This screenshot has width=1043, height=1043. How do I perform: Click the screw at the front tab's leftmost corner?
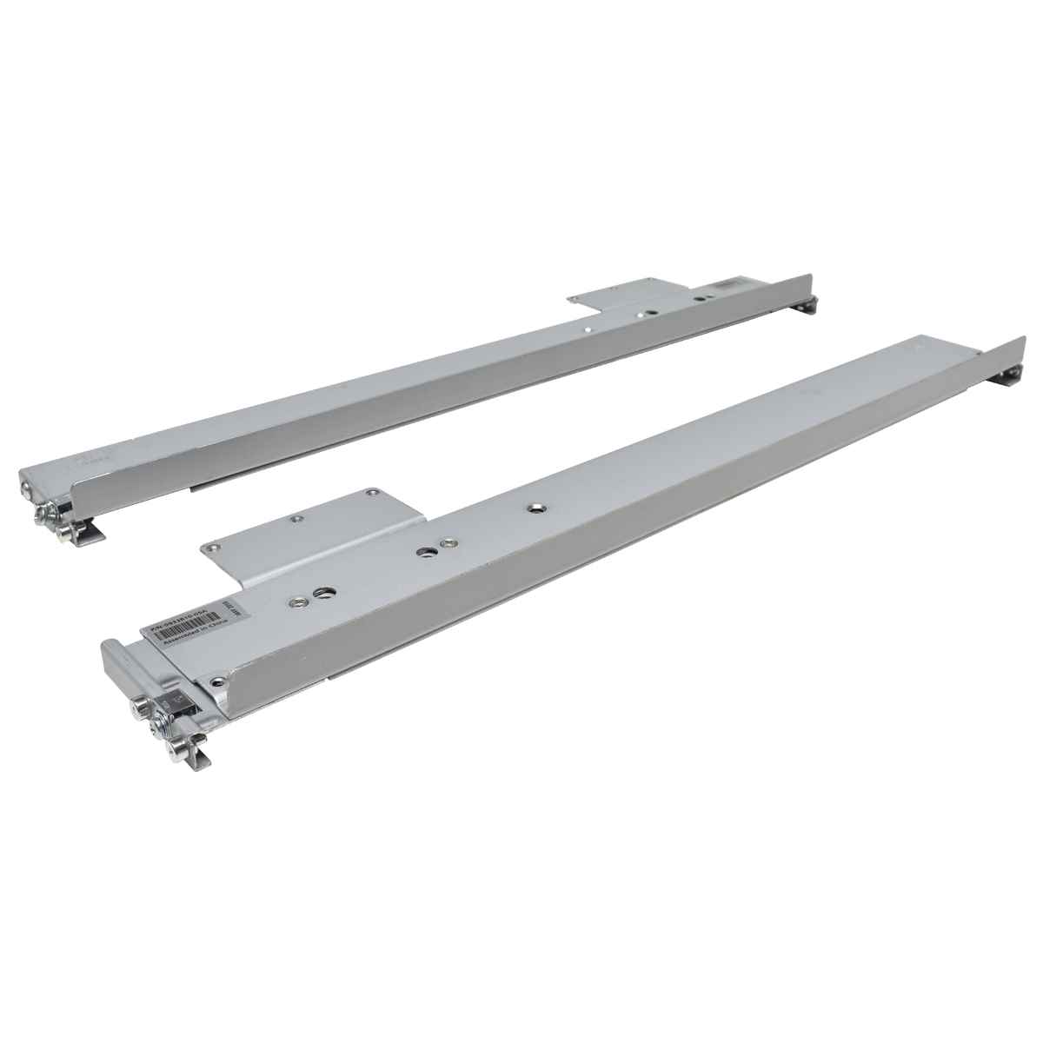point(209,548)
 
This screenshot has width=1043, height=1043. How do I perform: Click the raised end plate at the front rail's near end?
point(117,668)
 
